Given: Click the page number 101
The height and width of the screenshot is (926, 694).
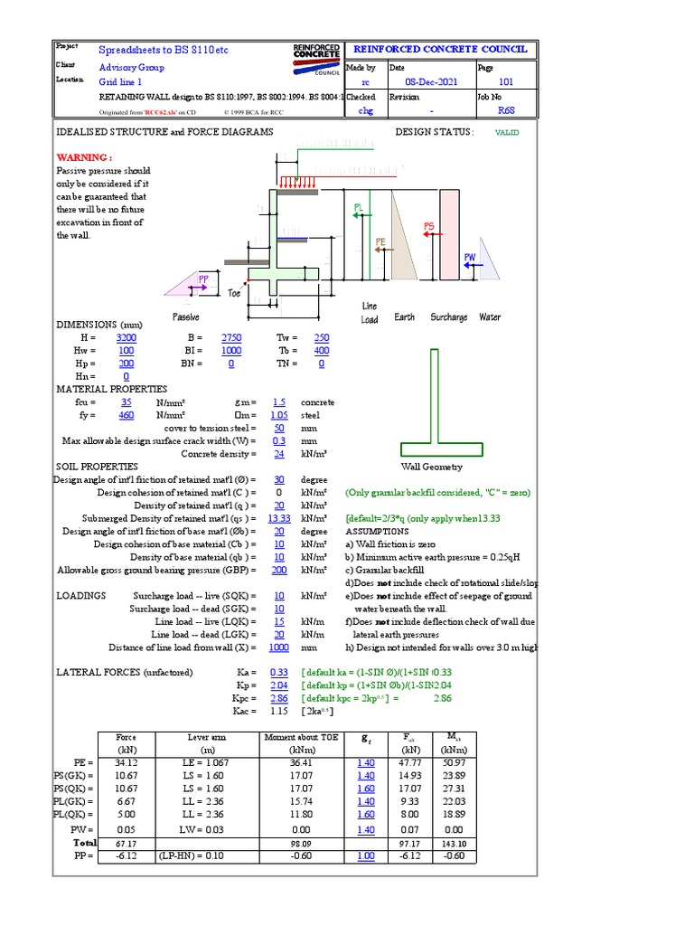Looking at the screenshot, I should tap(506, 81).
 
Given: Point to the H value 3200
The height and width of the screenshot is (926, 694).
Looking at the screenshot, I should tap(127, 336).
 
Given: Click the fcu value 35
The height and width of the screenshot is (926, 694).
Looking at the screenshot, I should tap(127, 402).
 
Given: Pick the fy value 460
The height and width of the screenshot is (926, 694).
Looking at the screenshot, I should tap(127, 414).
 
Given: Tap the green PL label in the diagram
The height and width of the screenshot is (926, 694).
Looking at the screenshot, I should tap(358, 208).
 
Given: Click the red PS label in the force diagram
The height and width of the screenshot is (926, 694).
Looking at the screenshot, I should tap(428, 225).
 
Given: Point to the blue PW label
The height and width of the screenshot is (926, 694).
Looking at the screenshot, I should tap(470, 258).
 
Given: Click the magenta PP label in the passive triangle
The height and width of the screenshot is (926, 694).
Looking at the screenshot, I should tap(204, 279).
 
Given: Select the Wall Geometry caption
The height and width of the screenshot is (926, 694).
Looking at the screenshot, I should tap(432, 467).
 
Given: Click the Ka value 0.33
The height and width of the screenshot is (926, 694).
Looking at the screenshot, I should tap(278, 673).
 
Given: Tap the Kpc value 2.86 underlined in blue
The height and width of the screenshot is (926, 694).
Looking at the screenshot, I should tap(278, 699).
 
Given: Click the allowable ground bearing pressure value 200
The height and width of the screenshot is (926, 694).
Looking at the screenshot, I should tap(278, 571).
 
